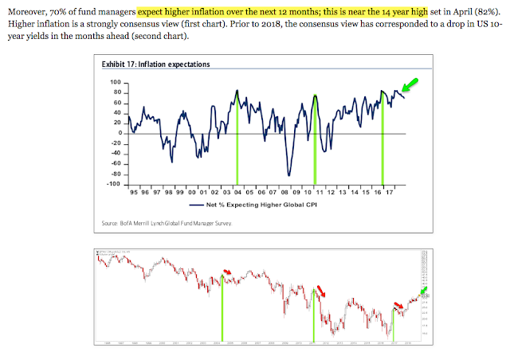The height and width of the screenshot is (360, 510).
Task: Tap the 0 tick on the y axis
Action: point(118,133)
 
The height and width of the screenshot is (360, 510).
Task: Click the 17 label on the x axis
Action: point(391,193)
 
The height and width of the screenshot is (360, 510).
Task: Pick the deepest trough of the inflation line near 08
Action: point(288,175)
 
